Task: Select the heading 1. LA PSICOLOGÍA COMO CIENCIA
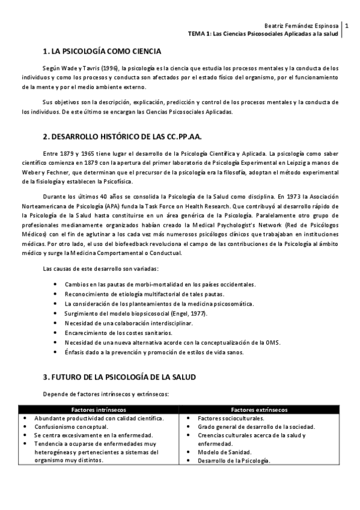102,51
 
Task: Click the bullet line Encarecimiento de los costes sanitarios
118,333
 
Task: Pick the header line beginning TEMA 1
264,34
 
